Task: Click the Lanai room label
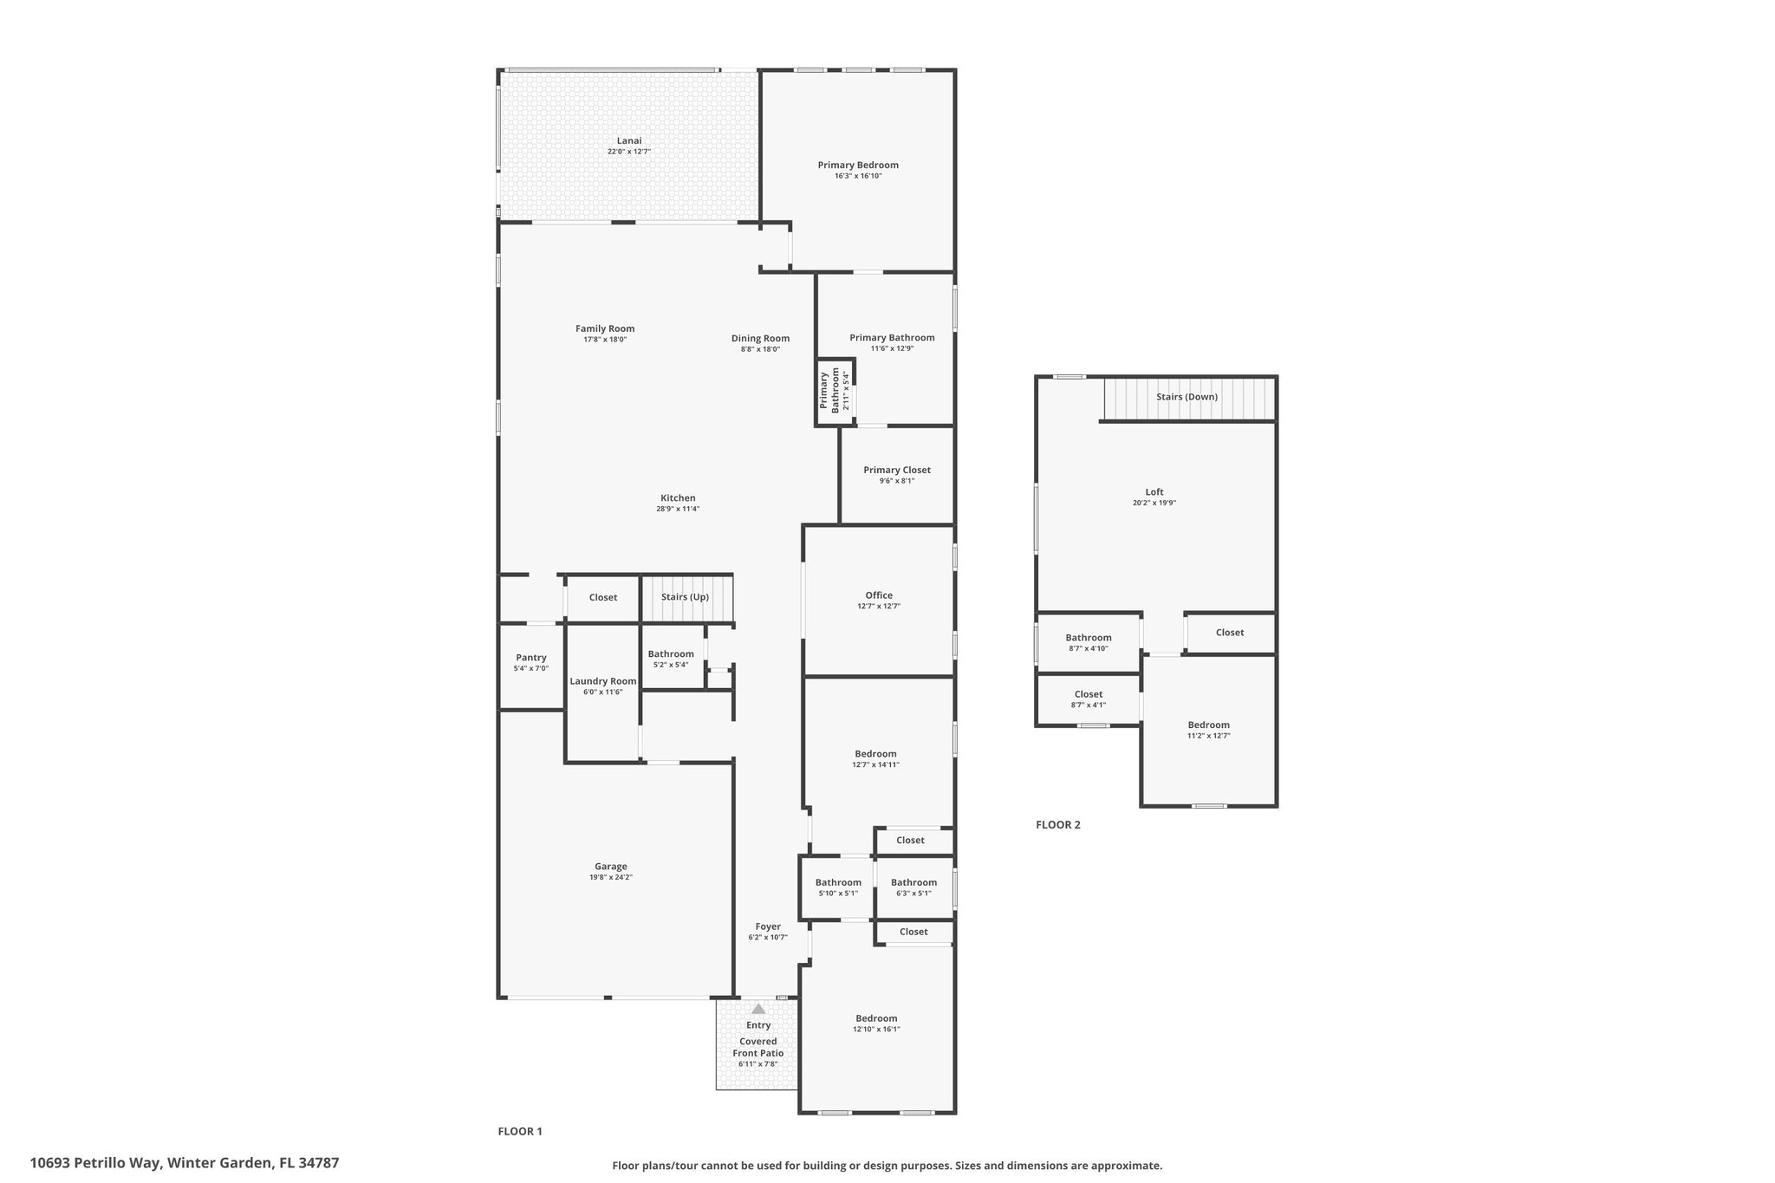(x=629, y=140)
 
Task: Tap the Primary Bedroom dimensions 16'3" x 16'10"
(x=858, y=176)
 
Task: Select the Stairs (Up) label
(x=685, y=597)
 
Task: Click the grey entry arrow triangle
(x=758, y=1008)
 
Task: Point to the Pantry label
(x=530, y=658)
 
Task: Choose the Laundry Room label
(x=602, y=681)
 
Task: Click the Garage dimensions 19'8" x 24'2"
(x=610, y=877)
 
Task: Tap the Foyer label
(x=768, y=926)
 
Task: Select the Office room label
(x=878, y=595)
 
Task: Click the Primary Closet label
(x=897, y=470)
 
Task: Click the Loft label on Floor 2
(x=1154, y=491)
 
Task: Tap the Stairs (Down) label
(x=1187, y=397)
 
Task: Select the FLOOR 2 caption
(x=1057, y=824)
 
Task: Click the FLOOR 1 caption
(x=519, y=1131)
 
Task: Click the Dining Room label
(x=760, y=338)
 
